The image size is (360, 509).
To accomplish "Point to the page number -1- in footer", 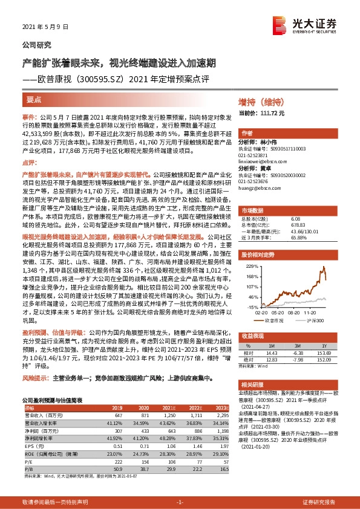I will point(179,501).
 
